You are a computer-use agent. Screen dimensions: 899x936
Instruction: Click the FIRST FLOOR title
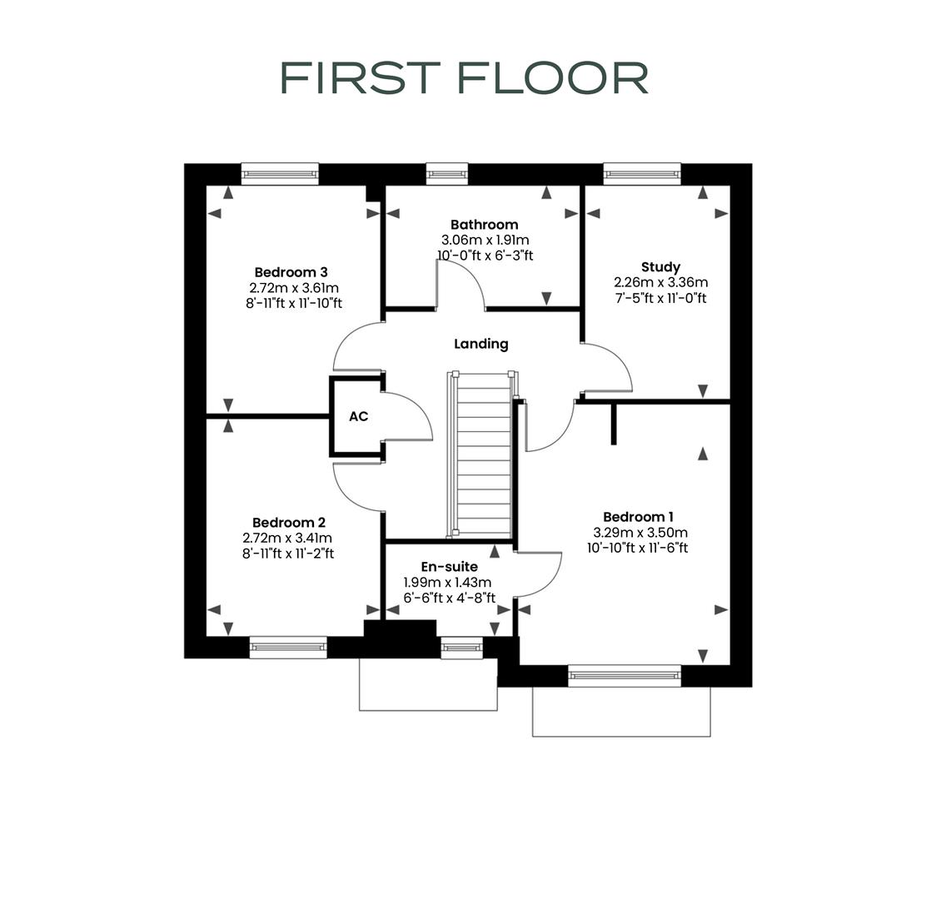[x=464, y=77]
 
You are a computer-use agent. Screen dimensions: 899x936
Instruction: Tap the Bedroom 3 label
[x=291, y=272]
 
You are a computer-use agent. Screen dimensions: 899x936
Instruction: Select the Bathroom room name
[x=484, y=225]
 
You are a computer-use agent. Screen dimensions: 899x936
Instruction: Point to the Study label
[x=660, y=267]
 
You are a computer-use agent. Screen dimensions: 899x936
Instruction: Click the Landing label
[x=480, y=344]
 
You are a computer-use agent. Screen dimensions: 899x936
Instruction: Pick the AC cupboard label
[x=358, y=416]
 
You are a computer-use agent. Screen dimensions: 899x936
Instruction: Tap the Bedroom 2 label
[x=288, y=523]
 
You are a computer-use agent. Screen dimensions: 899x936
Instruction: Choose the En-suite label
[x=449, y=567]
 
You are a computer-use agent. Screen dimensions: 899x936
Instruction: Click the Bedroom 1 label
[x=640, y=517]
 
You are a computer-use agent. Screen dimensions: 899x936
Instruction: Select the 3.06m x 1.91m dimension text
[x=484, y=240]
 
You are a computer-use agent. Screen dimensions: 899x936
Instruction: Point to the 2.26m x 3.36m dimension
[x=660, y=282]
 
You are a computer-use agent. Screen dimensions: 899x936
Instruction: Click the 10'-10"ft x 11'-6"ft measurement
[x=637, y=548]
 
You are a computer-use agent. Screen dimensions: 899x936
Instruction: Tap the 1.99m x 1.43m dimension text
[x=447, y=583]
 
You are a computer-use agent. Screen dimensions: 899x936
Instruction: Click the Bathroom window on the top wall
[x=447, y=173]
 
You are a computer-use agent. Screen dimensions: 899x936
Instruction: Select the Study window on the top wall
[x=642, y=173]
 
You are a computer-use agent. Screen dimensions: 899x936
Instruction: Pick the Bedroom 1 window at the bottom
[x=625, y=675]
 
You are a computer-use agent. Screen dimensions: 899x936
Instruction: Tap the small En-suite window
[x=461, y=647]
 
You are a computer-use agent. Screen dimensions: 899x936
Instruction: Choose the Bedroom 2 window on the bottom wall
[x=288, y=647]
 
